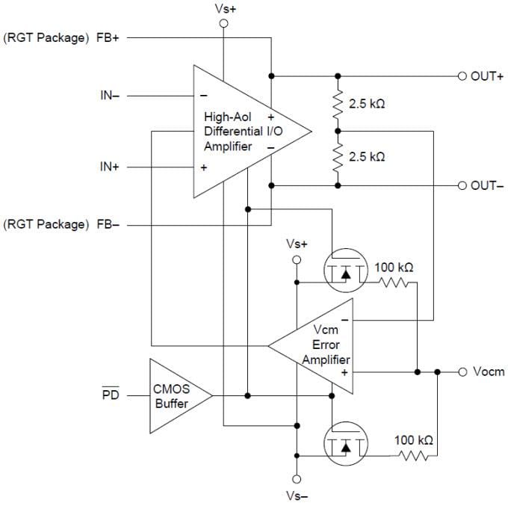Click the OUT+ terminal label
487,75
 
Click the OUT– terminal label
487,185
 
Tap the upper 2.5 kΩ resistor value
367,104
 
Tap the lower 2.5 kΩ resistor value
367,157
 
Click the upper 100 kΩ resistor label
394,267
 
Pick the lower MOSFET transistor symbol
345,445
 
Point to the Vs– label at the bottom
297,495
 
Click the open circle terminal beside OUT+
462,75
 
